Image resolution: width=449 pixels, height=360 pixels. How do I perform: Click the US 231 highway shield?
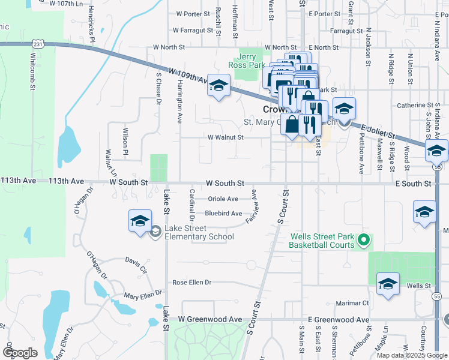(x=39, y=44)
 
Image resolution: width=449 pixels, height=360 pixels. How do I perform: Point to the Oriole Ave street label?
(x=223, y=199)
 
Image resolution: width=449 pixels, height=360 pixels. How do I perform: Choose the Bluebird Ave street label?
(x=223, y=214)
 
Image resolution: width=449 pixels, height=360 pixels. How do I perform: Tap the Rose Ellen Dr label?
(x=192, y=282)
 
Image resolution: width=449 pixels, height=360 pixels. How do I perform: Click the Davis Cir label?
(x=136, y=261)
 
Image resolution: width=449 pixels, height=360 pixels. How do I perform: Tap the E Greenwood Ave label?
(x=338, y=320)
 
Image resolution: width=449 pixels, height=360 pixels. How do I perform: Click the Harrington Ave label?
(x=179, y=102)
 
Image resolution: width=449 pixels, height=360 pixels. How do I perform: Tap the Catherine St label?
(x=415, y=106)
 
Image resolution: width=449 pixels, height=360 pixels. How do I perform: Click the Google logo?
(x=20, y=353)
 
